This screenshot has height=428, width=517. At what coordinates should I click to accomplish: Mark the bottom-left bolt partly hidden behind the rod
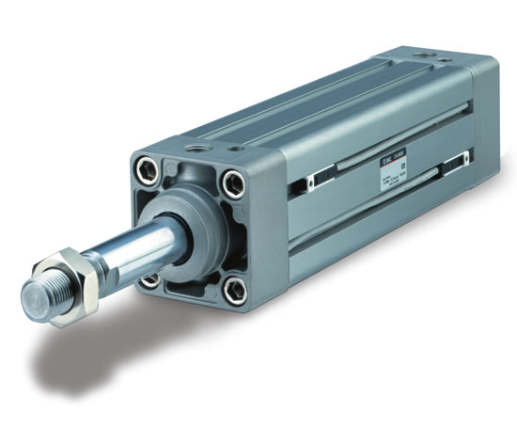pyautogui.click(x=150, y=279)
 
